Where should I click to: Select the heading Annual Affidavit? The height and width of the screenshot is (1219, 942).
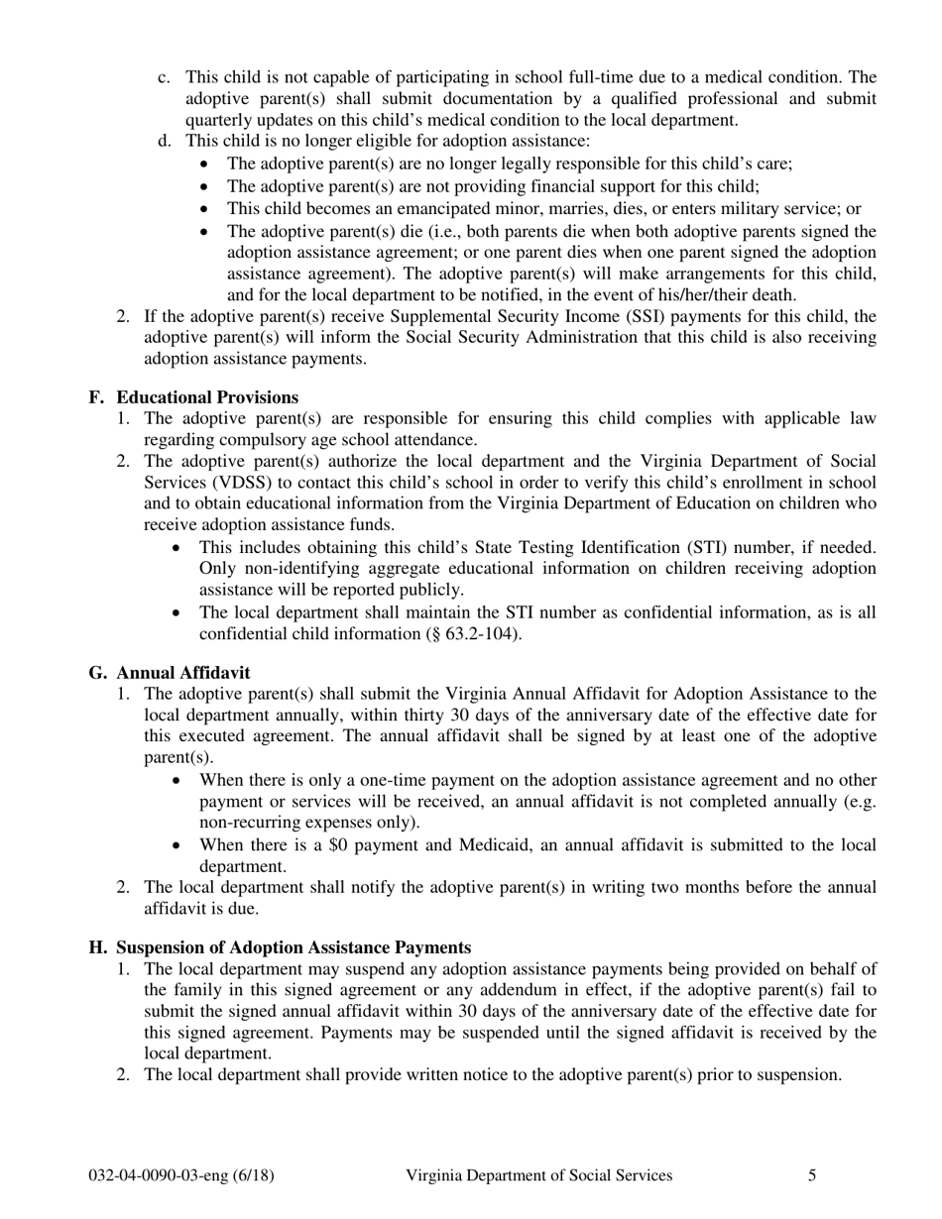(x=183, y=673)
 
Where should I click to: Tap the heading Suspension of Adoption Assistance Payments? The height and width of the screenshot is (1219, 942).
(x=294, y=947)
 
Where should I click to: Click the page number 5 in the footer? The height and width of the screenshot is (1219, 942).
(x=812, y=1175)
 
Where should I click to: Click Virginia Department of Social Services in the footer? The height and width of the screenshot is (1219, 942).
(x=538, y=1175)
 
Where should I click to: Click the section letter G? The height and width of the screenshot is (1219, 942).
(x=96, y=673)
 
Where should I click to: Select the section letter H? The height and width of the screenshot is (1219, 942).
(x=96, y=947)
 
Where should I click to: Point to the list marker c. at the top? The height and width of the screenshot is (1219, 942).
(x=165, y=77)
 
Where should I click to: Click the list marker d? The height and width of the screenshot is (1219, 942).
(x=165, y=142)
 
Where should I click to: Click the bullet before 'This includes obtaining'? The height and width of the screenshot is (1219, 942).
(x=177, y=548)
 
